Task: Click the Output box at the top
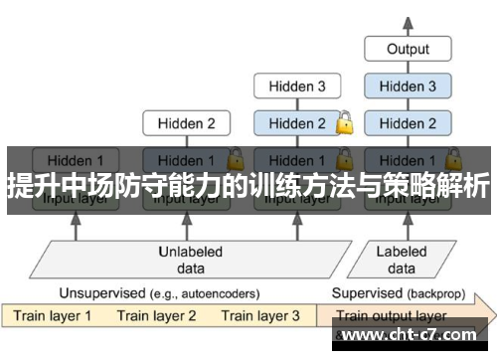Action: [408, 49]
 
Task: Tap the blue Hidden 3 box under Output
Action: [408, 87]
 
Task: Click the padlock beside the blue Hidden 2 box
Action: [344, 123]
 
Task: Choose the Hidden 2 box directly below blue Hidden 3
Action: [408, 124]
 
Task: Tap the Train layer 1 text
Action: [52, 316]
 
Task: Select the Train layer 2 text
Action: [156, 316]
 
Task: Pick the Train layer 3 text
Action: [260, 316]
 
